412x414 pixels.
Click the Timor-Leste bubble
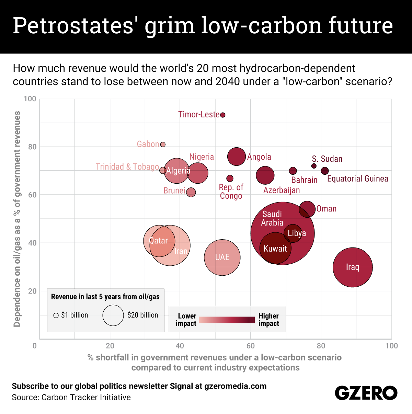(222, 115)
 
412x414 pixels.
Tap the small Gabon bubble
(163, 145)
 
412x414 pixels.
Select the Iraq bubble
(353, 267)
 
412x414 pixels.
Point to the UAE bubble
(222, 257)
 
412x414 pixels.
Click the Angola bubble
(237, 157)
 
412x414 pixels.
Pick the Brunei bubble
(191, 192)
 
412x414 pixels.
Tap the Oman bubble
(307, 209)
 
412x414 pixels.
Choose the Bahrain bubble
(293, 171)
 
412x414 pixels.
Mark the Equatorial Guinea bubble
(325, 171)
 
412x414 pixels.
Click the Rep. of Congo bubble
(230, 179)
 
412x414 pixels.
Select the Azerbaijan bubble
(265, 175)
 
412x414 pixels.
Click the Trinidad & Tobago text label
(127, 167)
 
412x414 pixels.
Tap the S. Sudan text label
(327, 159)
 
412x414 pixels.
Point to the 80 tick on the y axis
(32, 147)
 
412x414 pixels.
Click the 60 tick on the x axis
(251, 346)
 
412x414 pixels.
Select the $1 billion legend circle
(56, 315)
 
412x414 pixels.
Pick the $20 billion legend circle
(113, 315)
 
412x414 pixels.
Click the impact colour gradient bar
(227, 320)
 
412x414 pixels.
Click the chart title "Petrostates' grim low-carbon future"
(203, 26)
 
